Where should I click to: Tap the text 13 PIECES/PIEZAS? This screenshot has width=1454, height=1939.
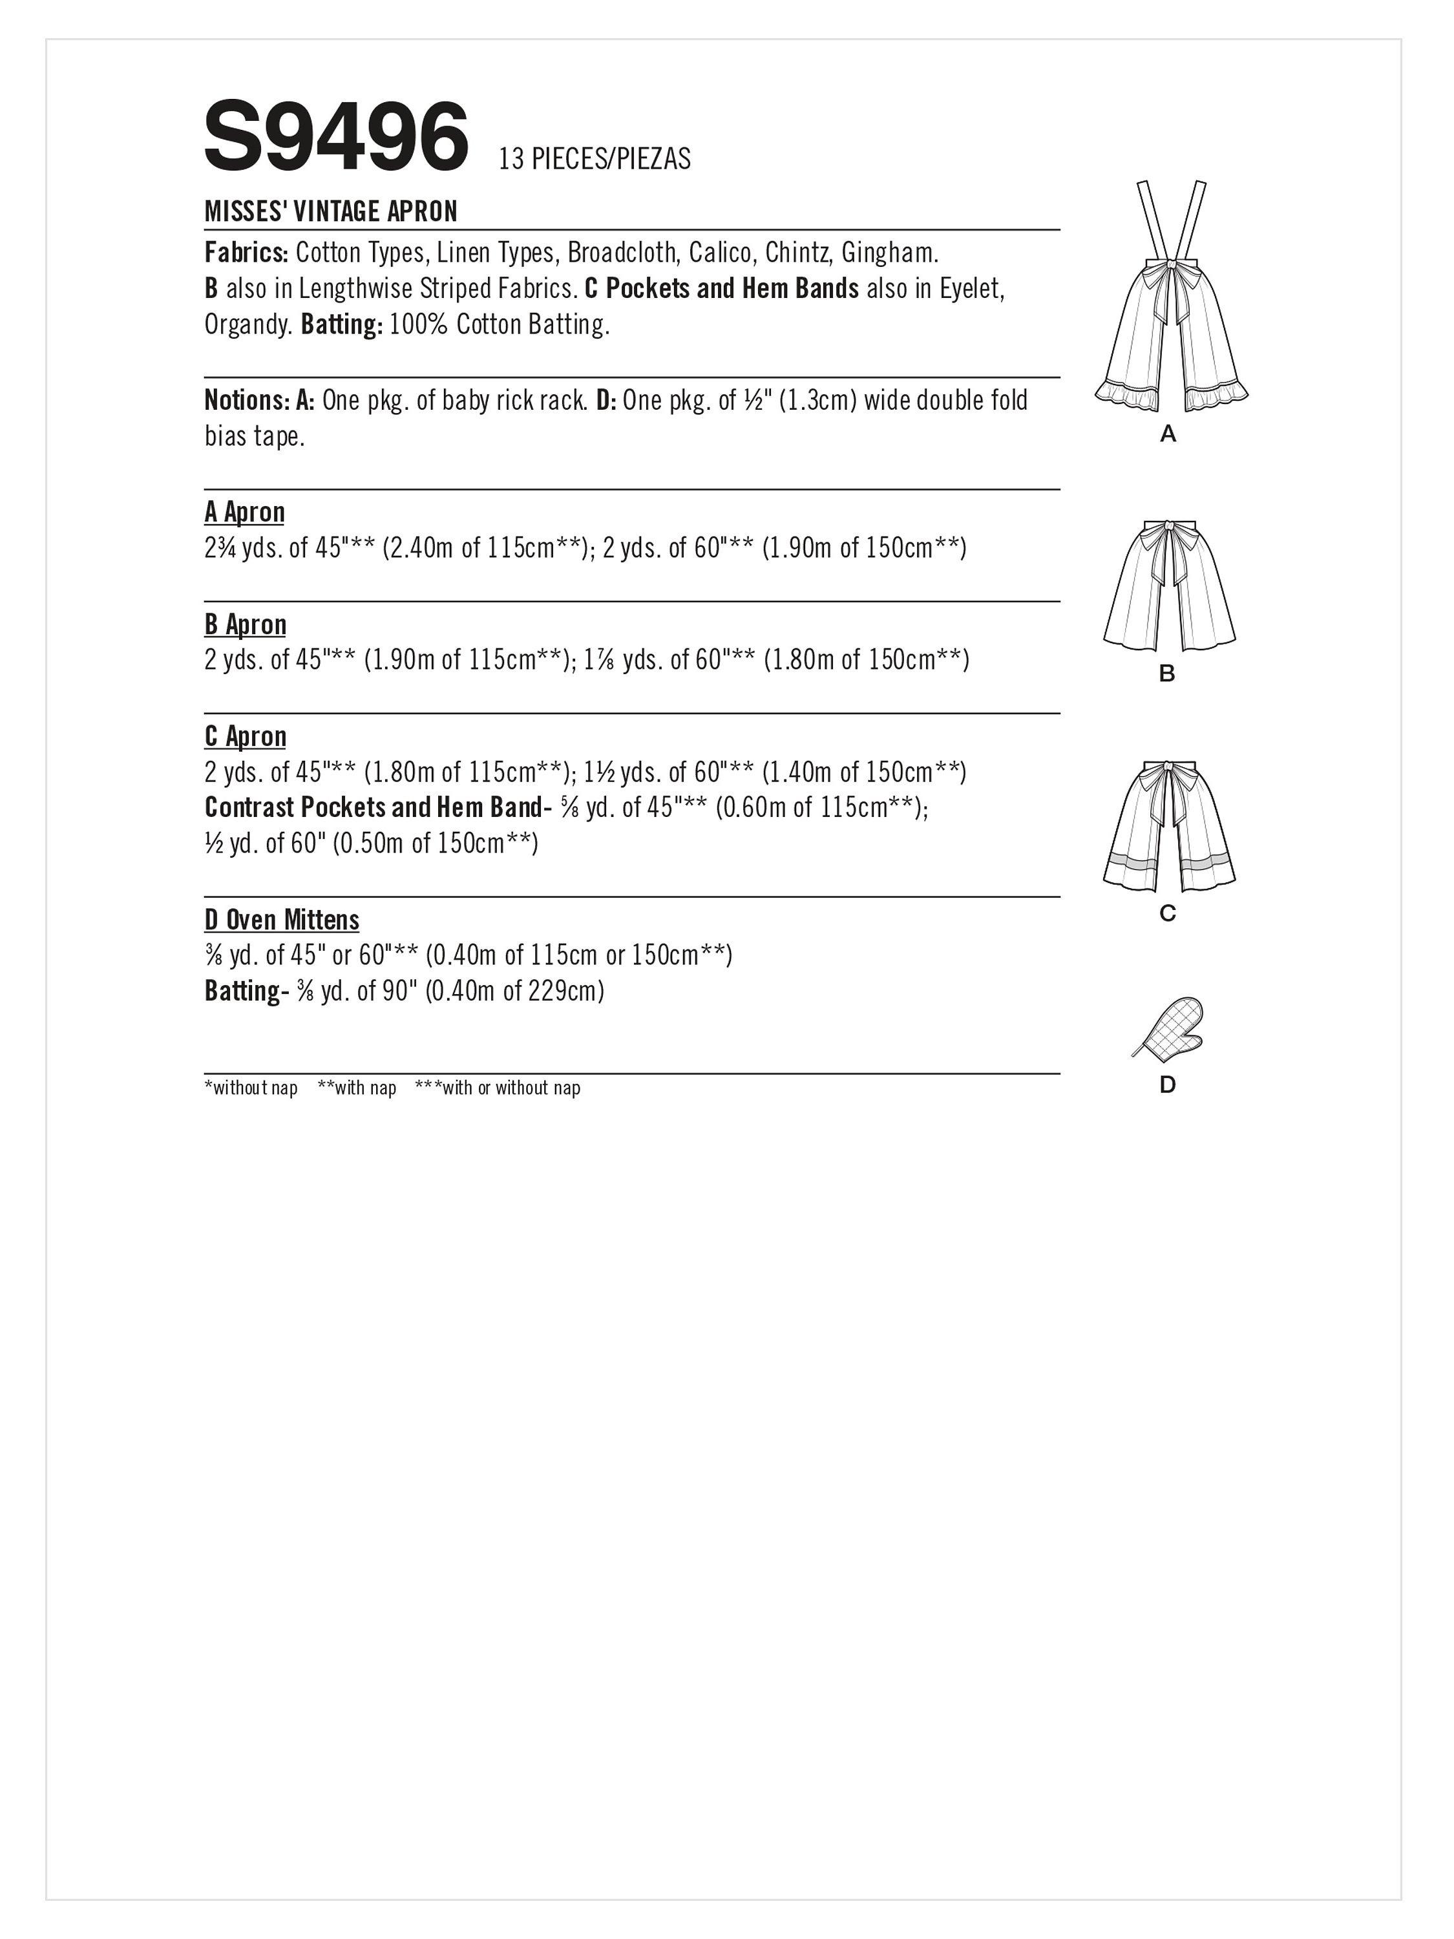(x=595, y=158)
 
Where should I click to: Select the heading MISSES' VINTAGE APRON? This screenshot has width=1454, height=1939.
(x=332, y=211)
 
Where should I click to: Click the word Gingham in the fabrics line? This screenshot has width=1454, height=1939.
(x=888, y=253)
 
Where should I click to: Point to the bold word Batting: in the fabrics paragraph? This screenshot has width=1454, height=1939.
(x=341, y=325)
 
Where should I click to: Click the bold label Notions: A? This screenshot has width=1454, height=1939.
(x=259, y=401)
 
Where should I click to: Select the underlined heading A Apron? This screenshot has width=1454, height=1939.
(x=244, y=512)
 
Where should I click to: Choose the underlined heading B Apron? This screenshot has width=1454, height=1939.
(x=246, y=624)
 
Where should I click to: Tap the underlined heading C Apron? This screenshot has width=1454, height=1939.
(x=246, y=736)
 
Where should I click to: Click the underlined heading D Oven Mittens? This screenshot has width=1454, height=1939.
(x=281, y=920)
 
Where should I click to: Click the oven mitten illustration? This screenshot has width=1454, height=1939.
(x=1168, y=1026)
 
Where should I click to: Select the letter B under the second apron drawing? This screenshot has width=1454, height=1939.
(x=1166, y=673)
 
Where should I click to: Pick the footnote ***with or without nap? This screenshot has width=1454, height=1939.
(x=497, y=1088)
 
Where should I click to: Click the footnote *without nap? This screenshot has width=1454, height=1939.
(x=251, y=1088)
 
